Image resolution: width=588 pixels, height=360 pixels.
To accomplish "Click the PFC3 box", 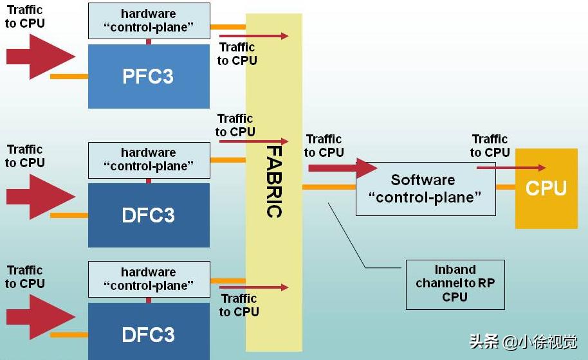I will [149, 76].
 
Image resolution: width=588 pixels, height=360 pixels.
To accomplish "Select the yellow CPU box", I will [546, 188].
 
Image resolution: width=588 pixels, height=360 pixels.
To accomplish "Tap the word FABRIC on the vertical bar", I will [274, 182].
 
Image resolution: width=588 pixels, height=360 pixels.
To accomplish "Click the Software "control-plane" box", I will [425, 188].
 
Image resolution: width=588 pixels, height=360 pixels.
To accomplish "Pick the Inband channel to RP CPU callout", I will [455, 283].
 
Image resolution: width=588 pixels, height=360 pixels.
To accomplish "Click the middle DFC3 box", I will [149, 215].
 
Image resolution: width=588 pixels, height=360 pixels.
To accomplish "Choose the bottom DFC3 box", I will [149, 334].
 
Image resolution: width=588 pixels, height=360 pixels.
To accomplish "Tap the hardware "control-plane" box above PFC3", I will [149, 21].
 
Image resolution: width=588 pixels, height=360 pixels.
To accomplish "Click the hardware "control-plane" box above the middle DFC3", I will [149, 159].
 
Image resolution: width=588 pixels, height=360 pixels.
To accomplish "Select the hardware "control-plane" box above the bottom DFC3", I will [149, 279].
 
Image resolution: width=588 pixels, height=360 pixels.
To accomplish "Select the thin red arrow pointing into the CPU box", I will [511, 168].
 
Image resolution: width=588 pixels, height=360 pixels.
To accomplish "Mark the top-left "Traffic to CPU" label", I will [26, 16].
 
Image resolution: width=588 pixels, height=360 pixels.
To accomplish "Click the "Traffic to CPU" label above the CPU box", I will [490, 146].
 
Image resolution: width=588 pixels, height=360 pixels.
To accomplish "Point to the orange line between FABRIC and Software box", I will [329, 187].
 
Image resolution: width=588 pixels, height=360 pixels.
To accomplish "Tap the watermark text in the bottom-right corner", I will [523, 342].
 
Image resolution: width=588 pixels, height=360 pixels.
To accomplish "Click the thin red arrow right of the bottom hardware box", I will [253, 287].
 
